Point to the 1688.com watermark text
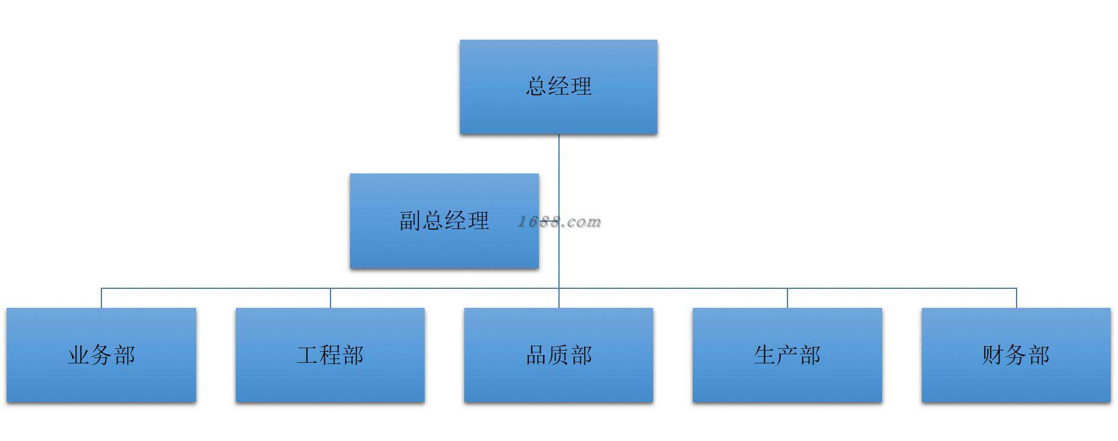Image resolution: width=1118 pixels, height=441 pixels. (x=560, y=222)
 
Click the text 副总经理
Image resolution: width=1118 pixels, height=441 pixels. (x=444, y=221)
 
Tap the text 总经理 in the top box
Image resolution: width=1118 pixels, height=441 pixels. (x=558, y=86)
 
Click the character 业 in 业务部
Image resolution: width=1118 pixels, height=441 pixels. (x=79, y=355)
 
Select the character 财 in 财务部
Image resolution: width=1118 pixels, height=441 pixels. (x=993, y=355)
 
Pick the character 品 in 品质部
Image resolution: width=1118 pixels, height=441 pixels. (x=536, y=355)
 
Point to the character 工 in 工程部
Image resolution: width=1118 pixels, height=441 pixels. (x=307, y=355)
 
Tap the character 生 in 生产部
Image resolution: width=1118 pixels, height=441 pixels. (x=765, y=355)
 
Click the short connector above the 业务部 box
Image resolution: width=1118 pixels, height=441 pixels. (x=101, y=298)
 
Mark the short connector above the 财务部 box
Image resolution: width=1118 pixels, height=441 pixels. (x=1017, y=298)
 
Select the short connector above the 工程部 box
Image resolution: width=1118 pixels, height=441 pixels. (x=331, y=298)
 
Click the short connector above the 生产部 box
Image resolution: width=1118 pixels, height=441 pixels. (x=787, y=298)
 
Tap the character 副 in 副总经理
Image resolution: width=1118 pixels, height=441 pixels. (x=411, y=221)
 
